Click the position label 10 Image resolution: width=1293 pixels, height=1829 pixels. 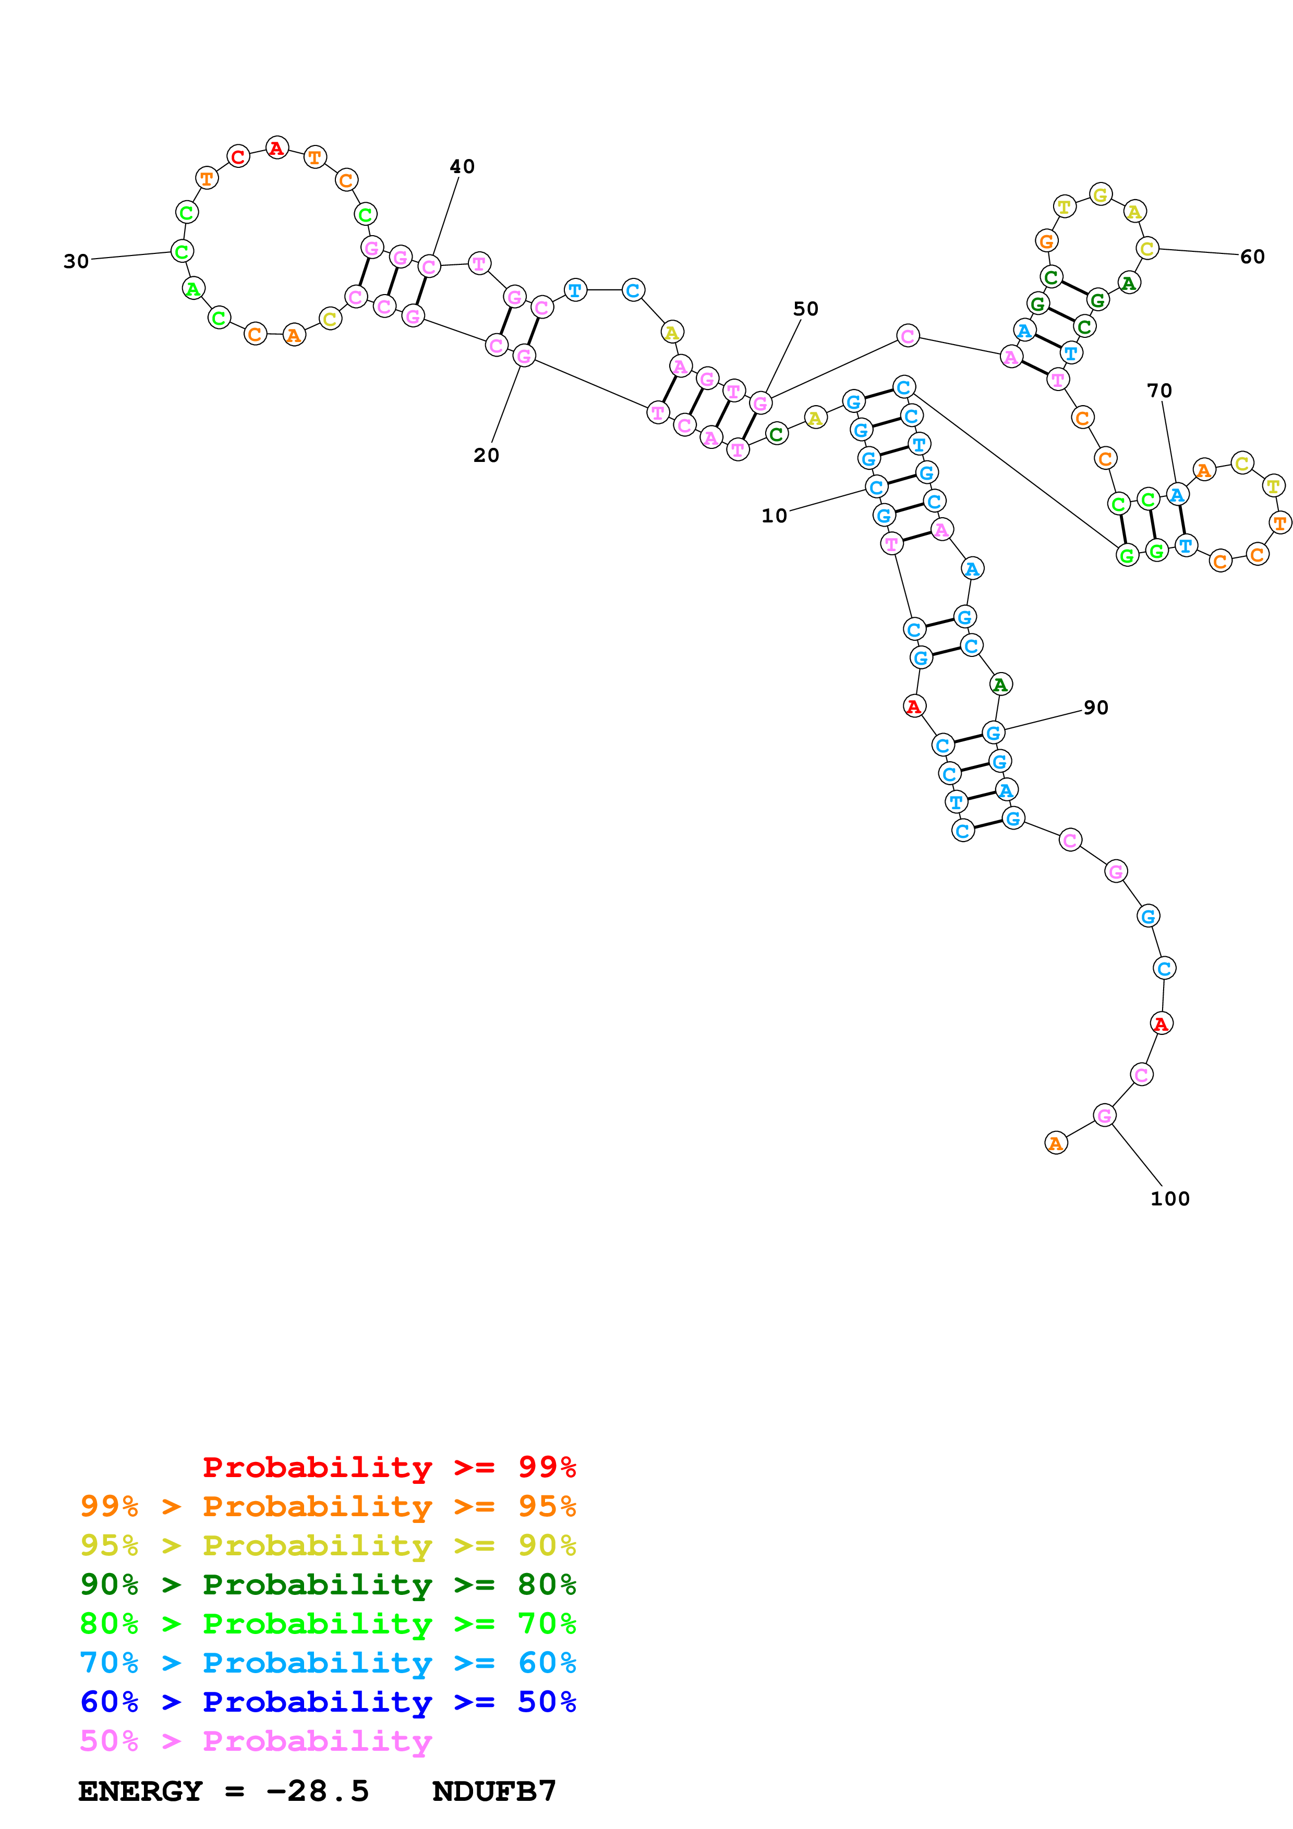[x=774, y=516]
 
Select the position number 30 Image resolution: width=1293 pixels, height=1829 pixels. [x=77, y=261]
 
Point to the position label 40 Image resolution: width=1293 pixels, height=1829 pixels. [x=462, y=166]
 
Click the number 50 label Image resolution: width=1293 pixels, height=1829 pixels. [x=805, y=309]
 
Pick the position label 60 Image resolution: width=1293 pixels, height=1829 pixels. [x=1252, y=257]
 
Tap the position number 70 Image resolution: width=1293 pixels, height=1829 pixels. [x=1159, y=391]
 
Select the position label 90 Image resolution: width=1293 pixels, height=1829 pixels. [x=1095, y=708]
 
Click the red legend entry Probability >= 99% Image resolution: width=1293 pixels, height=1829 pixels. [x=389, y=1467]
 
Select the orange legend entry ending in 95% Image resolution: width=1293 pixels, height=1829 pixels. [x=328, y=1506]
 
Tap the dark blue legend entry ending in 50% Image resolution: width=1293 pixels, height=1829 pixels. [x=328, y=1702]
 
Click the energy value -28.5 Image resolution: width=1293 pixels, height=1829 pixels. [x=318, y=1791]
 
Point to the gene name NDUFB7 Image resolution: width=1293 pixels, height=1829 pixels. [x=494, y=1791]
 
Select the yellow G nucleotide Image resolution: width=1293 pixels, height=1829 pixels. [x=1100, y=194]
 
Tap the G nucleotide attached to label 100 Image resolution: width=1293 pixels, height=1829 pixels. [x=1103, y=1115]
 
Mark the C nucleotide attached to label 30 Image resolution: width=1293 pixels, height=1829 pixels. [x=182, y=252]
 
